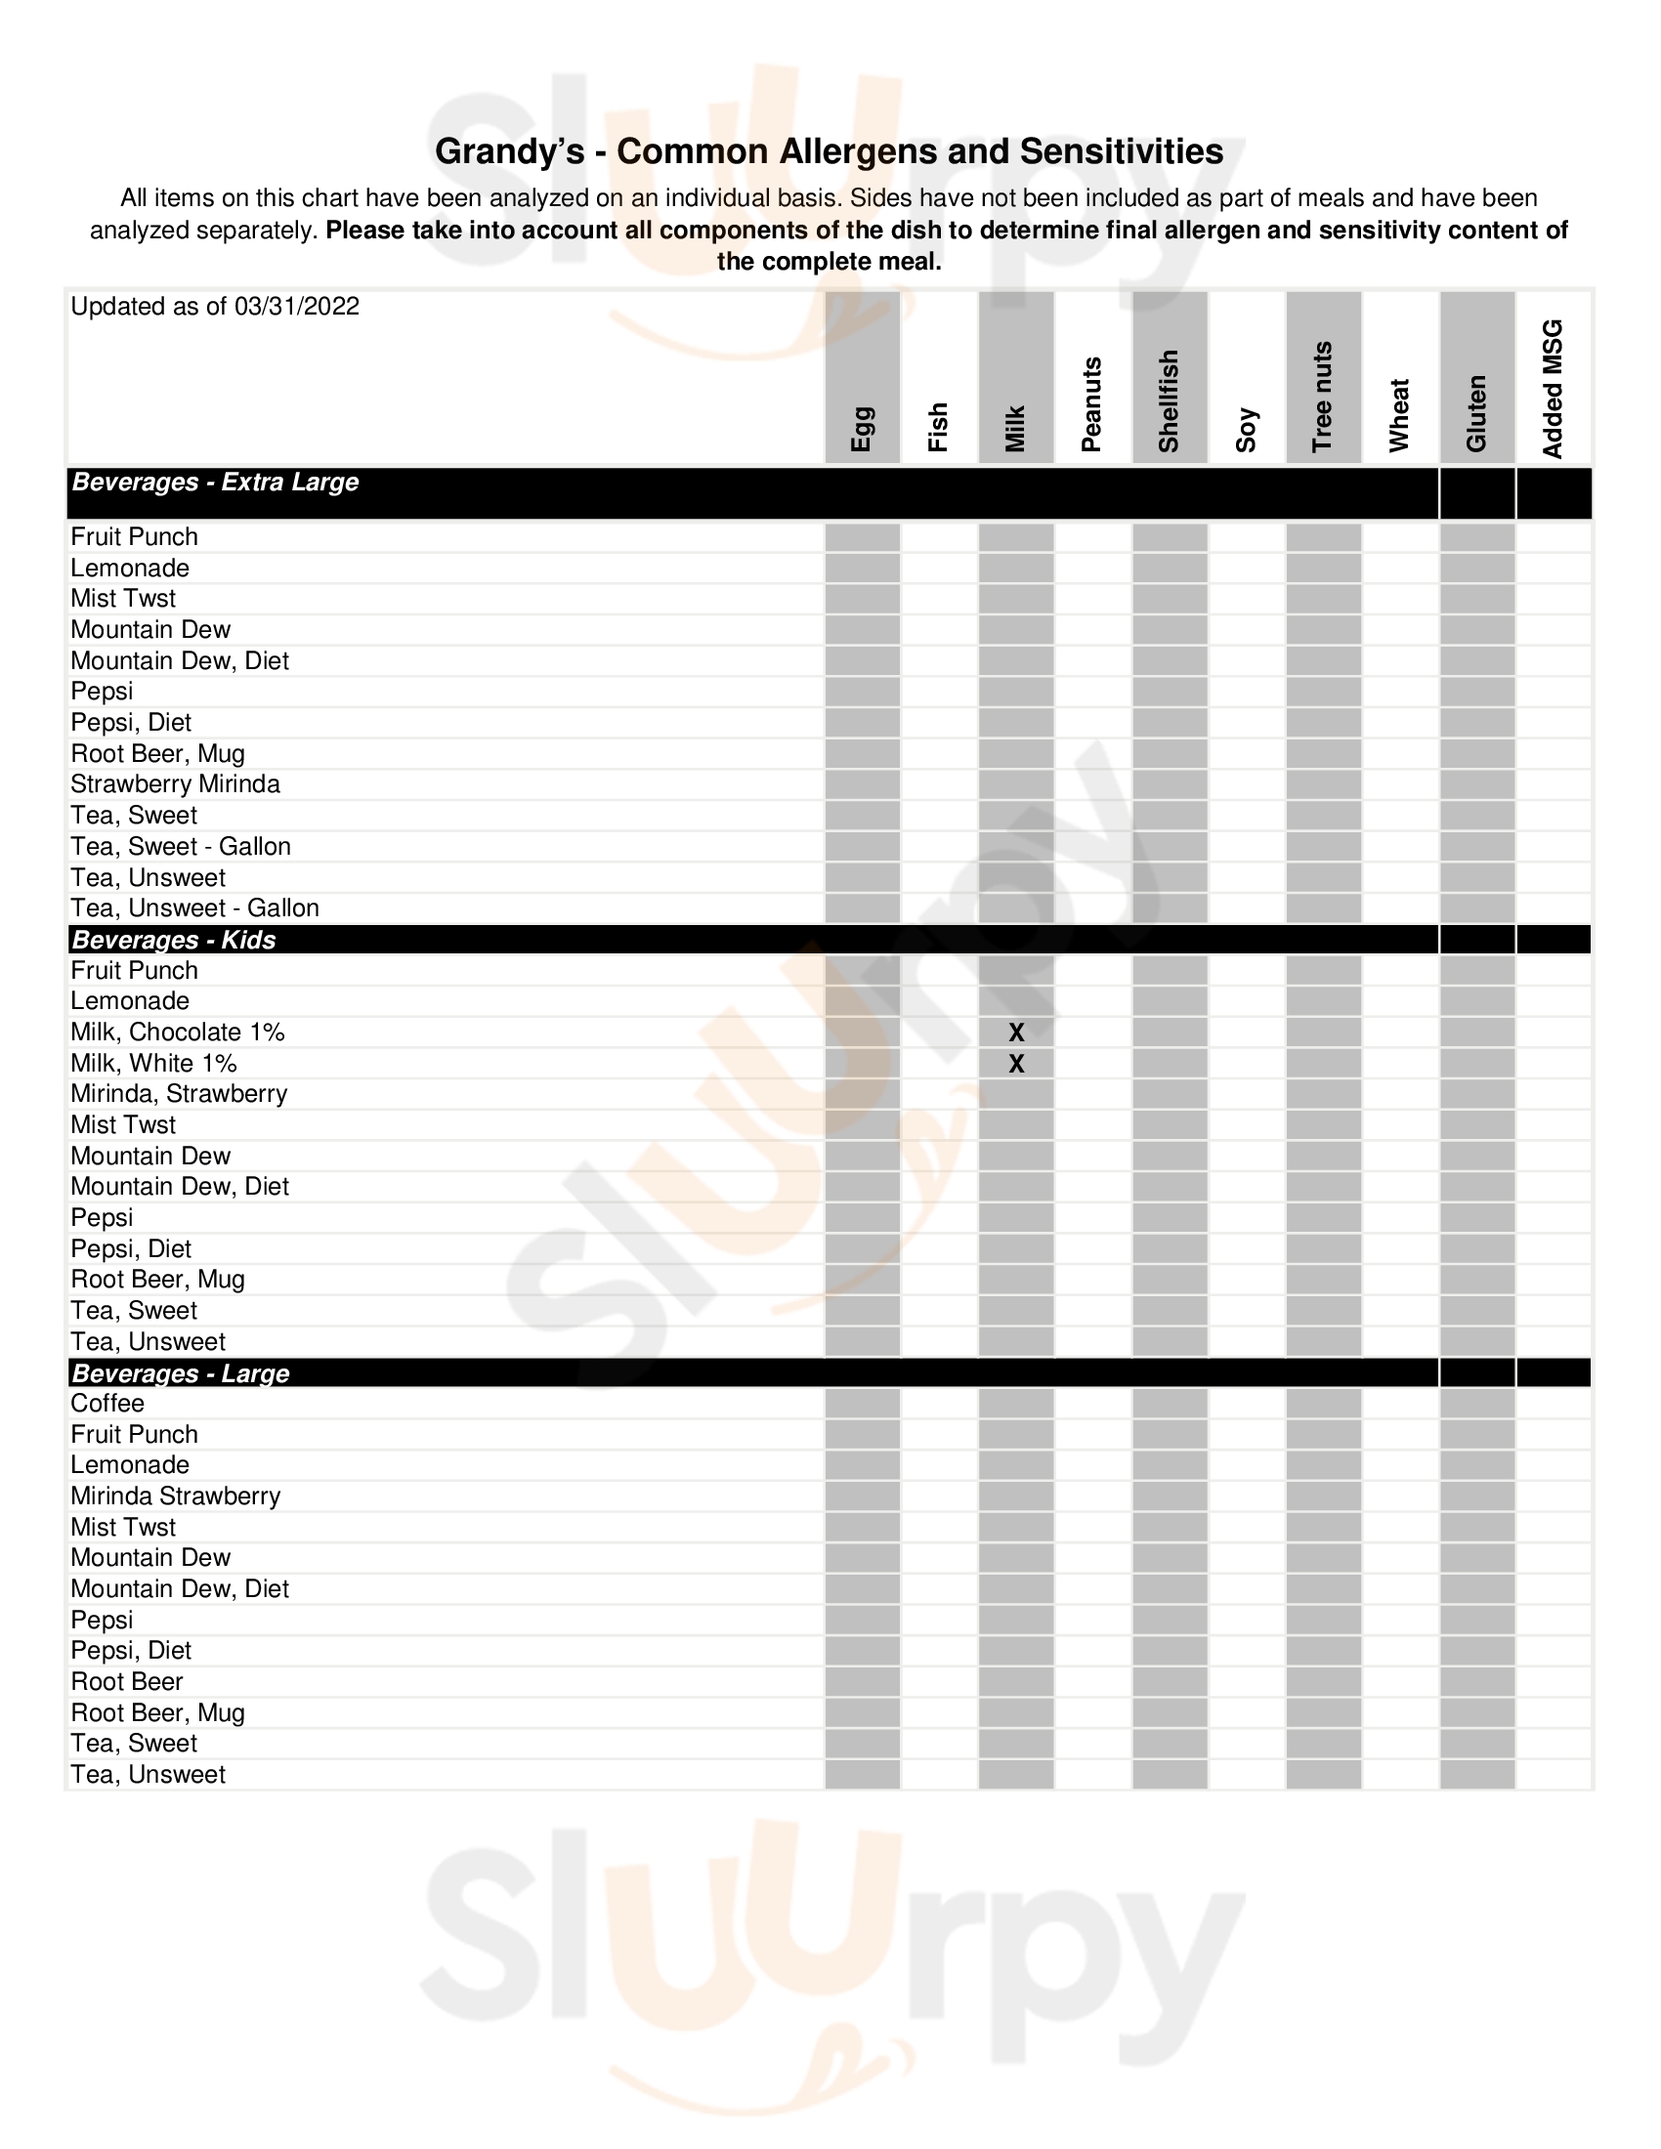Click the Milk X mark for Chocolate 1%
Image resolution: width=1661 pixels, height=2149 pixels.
1016,1032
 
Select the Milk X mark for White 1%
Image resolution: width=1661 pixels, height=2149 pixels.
1016,1064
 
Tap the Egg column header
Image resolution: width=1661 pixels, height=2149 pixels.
862,428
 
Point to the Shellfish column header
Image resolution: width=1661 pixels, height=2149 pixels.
1169,401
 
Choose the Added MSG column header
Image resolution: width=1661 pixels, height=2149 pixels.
1553,389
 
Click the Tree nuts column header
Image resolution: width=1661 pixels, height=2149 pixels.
1323,397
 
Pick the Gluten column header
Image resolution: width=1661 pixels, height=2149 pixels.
1476,413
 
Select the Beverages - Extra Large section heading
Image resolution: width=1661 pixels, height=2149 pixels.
216,483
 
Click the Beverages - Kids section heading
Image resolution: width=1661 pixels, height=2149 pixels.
174,940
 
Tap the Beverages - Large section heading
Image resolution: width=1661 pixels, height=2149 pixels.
181,1373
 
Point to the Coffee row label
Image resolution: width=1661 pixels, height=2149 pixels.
107,1403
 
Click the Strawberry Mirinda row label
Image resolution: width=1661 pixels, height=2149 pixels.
175,784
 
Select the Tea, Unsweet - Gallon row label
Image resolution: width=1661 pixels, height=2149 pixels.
194,908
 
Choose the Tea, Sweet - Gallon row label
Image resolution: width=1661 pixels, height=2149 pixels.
181,846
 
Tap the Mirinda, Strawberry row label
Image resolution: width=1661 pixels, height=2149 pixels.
179,1094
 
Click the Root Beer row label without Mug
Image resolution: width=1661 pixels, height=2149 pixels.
127,1682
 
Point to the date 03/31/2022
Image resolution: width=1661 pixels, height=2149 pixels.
296,307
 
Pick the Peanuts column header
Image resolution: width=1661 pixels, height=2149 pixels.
1091,404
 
